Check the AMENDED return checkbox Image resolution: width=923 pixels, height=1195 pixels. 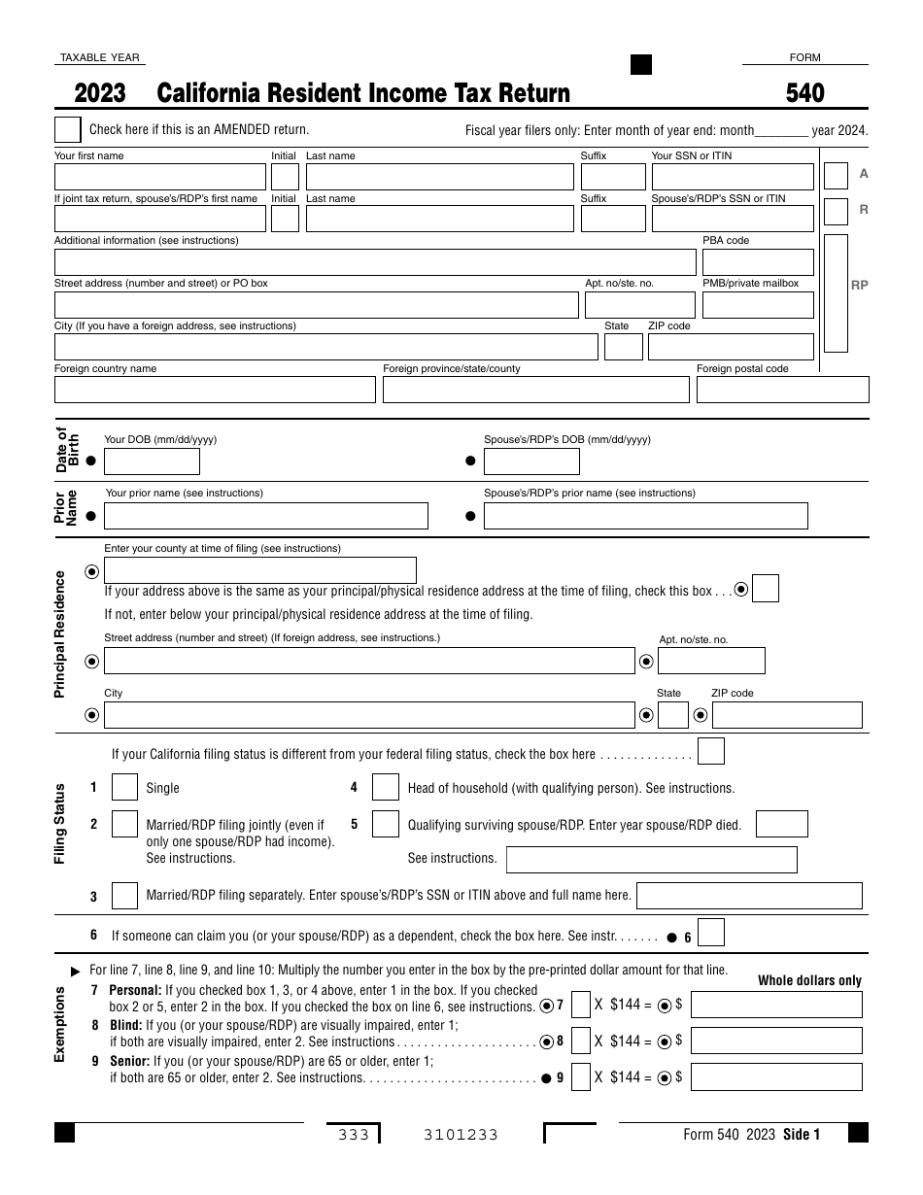click(x=68, y=130)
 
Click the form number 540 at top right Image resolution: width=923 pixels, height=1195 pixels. click(x=804, y=93)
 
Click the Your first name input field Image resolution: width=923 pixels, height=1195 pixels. click(x=159, y=177)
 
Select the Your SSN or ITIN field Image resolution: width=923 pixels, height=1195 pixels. click(x=732, y=177)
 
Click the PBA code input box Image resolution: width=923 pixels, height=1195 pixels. click(x=757, y=262)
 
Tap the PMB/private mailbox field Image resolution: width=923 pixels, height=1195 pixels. click(x=757, y=305)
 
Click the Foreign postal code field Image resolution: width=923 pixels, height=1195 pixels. click(x=780, y=390)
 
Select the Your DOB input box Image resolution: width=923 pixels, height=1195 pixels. click(x=152, y=461)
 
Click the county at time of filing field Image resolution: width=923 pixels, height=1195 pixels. click(x=259, y=570)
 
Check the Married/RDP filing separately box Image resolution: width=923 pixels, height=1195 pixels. click(x=124, y=896)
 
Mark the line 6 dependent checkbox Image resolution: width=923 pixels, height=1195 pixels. click(x=711, y=934)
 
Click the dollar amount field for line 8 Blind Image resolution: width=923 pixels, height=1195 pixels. click(x=775, y=1041)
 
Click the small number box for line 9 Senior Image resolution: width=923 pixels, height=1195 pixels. click(x=581, y=1076)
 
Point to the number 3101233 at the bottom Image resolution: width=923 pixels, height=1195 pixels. click(x=461, y=1135)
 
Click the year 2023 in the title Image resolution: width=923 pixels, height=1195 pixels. click(x=100, y=93)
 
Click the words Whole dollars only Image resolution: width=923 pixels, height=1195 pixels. click(x=809, y=980)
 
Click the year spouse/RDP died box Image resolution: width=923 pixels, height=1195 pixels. click(x=781, y=824)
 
